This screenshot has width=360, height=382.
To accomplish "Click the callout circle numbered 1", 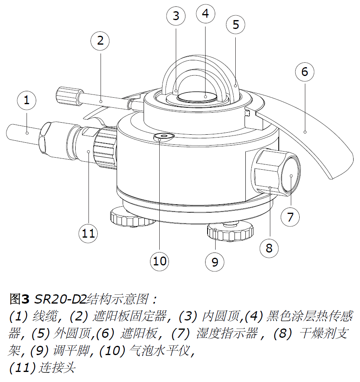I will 27,100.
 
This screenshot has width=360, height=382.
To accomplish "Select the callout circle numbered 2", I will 100,40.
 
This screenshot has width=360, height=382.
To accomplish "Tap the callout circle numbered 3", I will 176,16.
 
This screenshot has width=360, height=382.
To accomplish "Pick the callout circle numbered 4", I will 206,14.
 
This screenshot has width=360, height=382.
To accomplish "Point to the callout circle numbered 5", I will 236,25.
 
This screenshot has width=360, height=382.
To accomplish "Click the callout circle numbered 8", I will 269,248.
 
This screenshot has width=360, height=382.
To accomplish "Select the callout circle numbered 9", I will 215,262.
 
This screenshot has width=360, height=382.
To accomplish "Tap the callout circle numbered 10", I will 160,261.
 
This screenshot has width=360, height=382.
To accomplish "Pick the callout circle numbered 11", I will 88,233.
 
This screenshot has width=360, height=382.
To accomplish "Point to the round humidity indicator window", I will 290,177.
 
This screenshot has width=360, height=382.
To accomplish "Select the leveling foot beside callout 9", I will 230,232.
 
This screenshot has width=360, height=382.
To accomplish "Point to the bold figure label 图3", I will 19,299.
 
